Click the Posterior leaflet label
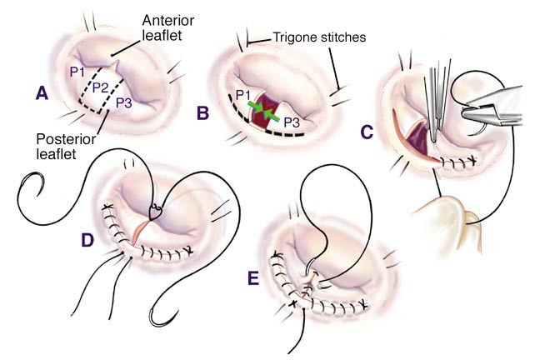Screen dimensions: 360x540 64,146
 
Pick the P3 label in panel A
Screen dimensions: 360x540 123,102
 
